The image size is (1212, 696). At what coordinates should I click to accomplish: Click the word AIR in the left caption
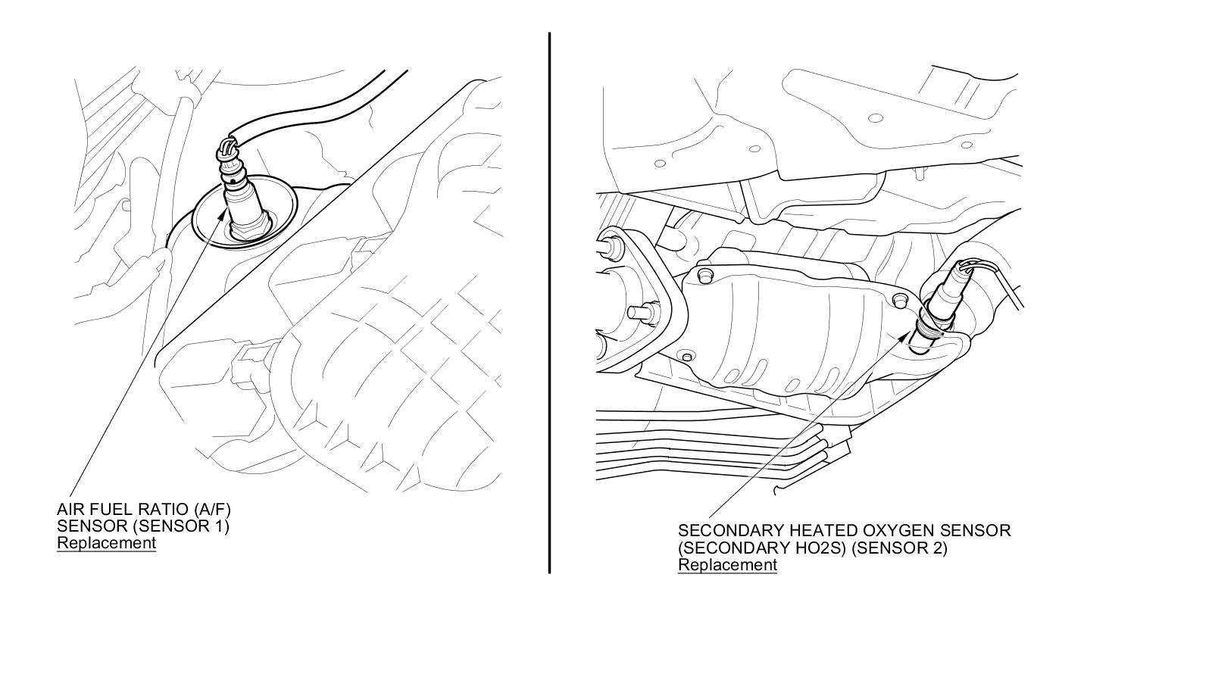point(69,509)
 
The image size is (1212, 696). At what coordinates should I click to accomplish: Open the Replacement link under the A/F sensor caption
point(107,542)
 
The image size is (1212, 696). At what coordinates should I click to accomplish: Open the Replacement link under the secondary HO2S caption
point(727,565)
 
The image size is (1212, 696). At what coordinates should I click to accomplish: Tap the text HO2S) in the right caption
point(823,548)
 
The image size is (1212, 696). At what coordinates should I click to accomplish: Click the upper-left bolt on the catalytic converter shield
point(706,273)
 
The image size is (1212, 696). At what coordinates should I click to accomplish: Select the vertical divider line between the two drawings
point(549,303)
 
